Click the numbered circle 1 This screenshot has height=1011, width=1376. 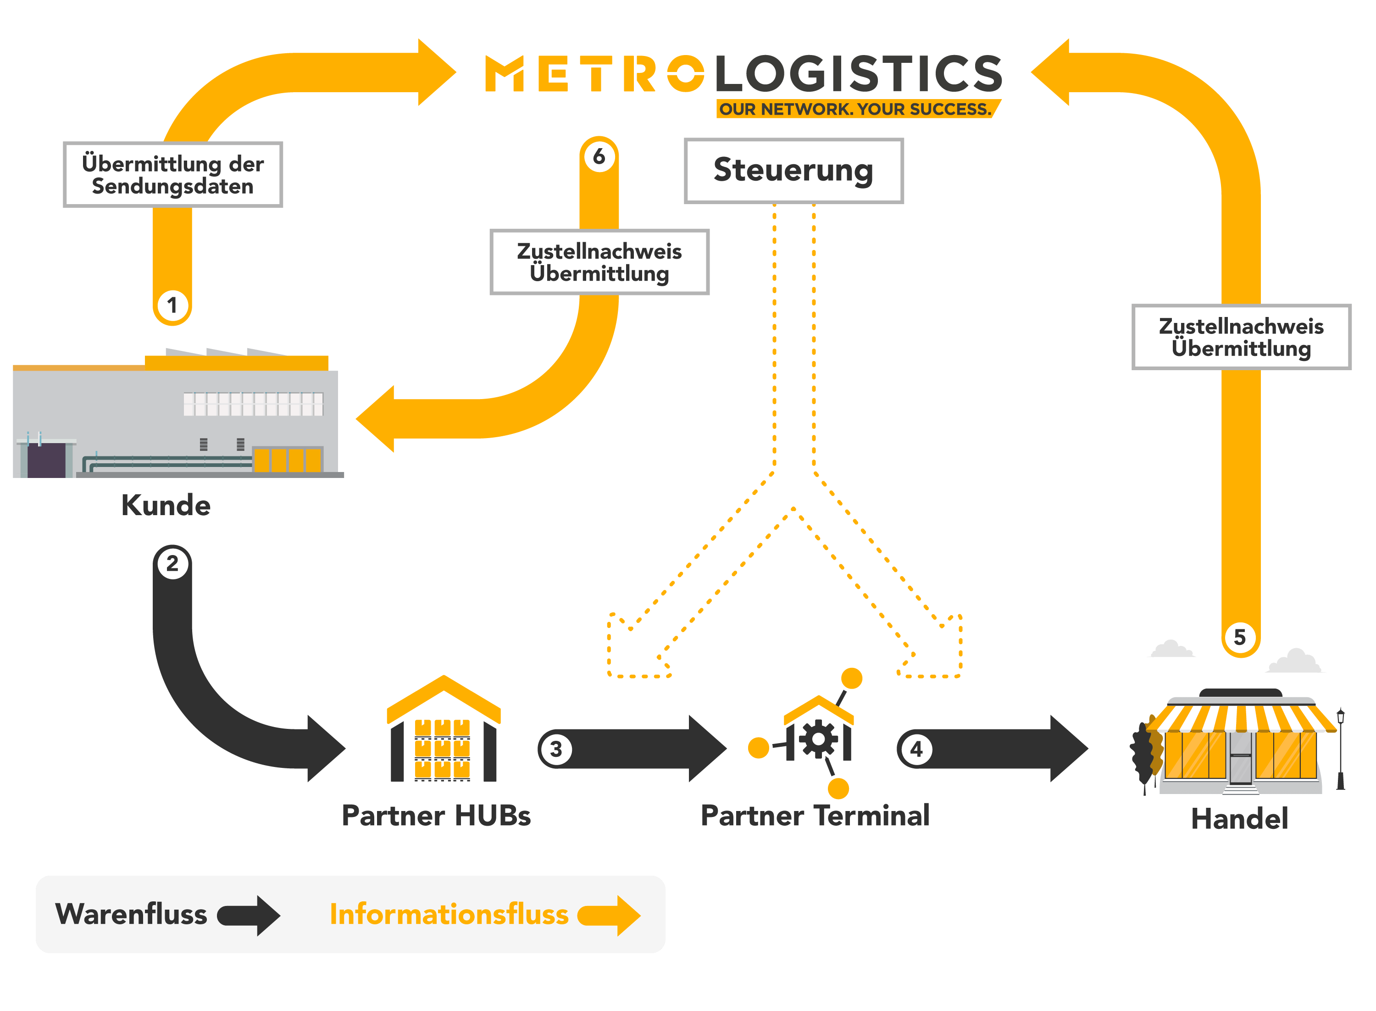click(x=172, y=305)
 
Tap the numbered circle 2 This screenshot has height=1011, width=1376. click(x=172, y=563)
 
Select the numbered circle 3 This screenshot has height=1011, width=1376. click(x=555, y=749)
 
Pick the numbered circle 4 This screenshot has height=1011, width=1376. click(x=916, y=749)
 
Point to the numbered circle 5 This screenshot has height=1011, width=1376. click(x=1240, y=637)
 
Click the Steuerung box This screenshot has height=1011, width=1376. click(x=793, y=170)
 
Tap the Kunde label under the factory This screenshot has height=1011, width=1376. click(x=166, y=505)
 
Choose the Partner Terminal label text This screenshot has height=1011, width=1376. click(x=815, y=816)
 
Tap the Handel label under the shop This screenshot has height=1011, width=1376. click(x=1240, y=819)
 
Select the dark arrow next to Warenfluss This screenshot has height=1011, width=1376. click(x=250, y=916)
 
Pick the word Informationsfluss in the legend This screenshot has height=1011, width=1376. click(x=449, y=914)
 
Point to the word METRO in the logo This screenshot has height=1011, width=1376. click(x=594, y=73)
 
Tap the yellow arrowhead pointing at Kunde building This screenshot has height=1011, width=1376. click(x=376, y=419)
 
